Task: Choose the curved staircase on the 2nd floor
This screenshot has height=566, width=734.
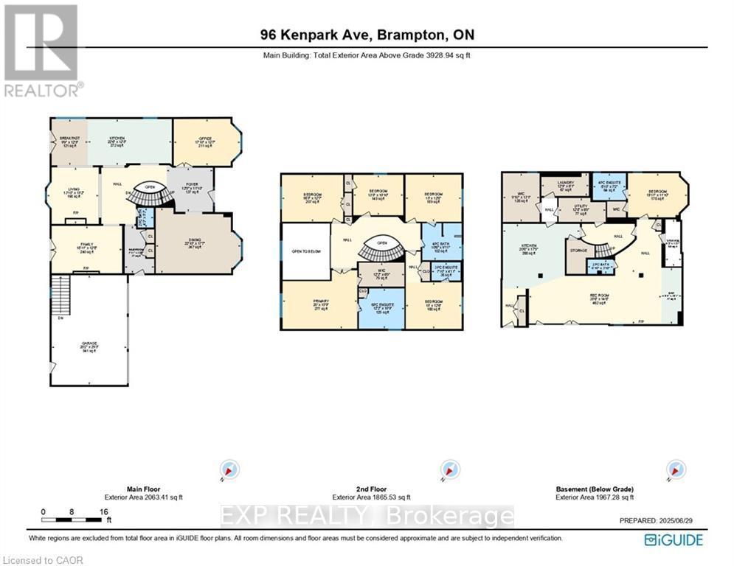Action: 381,253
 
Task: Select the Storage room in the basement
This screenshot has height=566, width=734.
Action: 578,250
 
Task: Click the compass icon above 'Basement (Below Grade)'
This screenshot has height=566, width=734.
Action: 674,469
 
